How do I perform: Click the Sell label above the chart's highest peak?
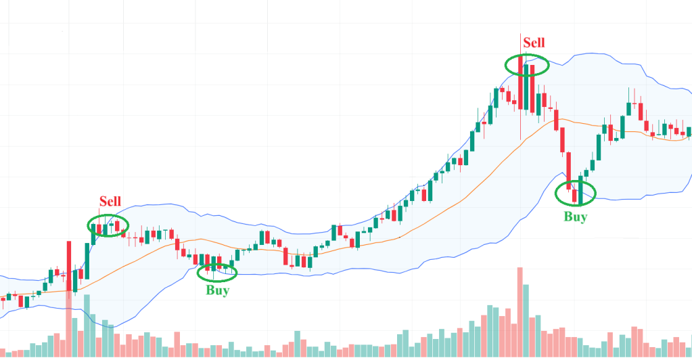pos(534,43)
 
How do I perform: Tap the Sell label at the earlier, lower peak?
pos(110,201)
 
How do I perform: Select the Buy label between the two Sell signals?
pos(217,290)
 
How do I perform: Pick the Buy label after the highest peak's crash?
pos(576,217)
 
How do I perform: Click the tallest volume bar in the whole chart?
pos(520,311)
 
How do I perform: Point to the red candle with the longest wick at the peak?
pos(520,81)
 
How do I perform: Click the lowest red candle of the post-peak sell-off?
pos(575,196)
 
